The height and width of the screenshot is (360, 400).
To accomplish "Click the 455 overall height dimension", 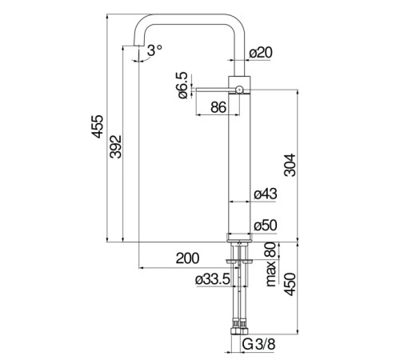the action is pos(98,126).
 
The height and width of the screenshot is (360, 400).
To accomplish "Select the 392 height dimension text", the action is pos(116,147).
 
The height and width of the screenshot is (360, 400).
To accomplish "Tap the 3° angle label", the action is pos(154,50).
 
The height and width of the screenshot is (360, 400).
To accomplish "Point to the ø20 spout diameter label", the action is pos(261,53).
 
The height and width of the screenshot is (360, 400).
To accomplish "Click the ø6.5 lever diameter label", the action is pos(183,86).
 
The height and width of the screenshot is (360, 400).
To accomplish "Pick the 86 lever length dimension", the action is pos(218,107).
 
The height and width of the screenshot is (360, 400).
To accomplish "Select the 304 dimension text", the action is pos(290,165).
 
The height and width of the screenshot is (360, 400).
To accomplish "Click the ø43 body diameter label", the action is pos(266,194).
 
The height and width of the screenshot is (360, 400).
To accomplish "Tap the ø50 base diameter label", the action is pos(266,226).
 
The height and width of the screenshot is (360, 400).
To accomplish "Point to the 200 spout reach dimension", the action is pos(187,258).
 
